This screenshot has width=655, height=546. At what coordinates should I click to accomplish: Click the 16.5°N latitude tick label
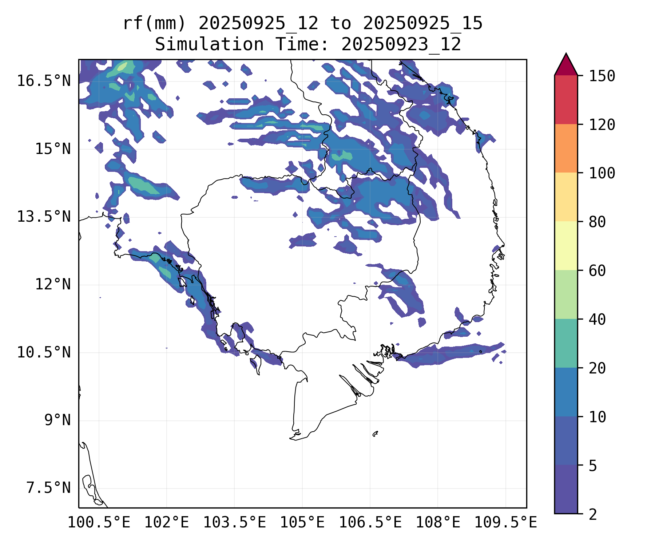tap(44, 81)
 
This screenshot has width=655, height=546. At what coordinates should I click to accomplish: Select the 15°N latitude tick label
tap(53, 149)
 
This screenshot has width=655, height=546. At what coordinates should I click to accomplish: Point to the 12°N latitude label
tap(53, 284)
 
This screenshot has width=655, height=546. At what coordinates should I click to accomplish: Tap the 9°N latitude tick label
tap(57, 420)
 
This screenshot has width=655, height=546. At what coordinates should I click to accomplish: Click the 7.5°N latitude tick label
tap(48, 488)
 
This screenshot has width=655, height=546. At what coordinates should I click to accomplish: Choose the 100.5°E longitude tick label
tap(99, 523)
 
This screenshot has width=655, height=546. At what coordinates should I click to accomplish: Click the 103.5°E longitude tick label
tap(234, 523)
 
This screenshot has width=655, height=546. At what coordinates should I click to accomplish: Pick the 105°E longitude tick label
tap(302, 523)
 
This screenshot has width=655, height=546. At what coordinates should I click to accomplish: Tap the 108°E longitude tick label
tap(438, 523)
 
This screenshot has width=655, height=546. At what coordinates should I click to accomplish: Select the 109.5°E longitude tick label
tap(505, 523)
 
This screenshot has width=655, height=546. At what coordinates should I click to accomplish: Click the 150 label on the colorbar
tap(602, 76)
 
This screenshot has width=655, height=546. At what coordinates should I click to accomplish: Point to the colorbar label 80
tap(597, 222)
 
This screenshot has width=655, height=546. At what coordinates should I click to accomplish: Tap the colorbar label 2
tap(593, 514)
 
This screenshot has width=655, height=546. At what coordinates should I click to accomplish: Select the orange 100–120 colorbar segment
tap(566, 148)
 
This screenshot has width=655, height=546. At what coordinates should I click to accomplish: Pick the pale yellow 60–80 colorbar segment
tap(566, 246)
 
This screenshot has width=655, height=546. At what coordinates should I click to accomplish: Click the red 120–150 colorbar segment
tap(566, 100)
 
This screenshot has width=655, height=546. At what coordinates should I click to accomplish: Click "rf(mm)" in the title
tap(154, 24)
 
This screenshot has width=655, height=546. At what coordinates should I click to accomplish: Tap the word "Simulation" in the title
tap(209, 45)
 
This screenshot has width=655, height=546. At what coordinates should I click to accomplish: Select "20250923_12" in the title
tap(401, 45)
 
